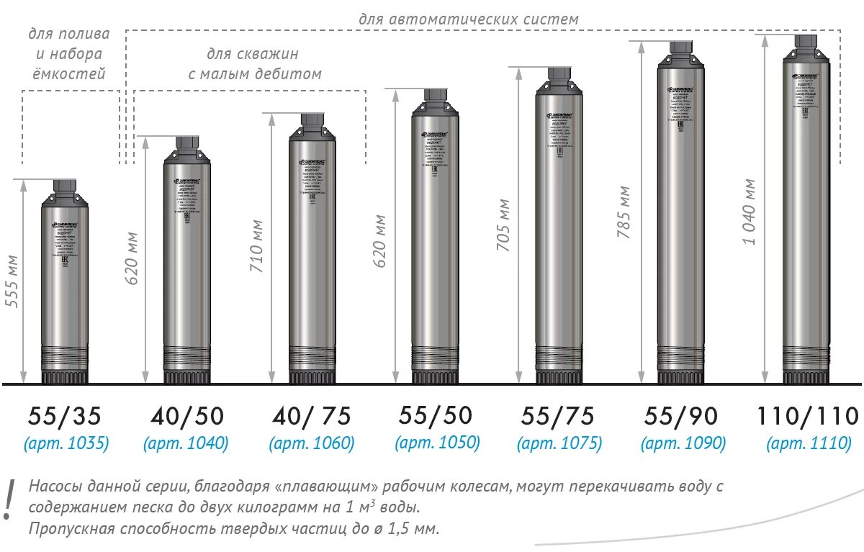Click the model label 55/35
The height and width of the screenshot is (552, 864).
65,415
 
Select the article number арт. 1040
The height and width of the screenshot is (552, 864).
186,443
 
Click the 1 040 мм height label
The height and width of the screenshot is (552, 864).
750,211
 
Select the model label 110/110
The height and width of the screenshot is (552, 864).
807,415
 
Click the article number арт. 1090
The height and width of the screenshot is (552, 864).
683,443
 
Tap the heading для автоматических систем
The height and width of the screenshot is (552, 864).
468,19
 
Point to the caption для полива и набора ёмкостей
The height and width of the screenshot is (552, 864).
69,54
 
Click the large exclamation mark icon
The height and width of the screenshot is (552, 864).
9,499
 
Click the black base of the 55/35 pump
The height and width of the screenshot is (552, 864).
65,376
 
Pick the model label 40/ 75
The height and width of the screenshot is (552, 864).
312,415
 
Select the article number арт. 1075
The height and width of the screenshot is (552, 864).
559,443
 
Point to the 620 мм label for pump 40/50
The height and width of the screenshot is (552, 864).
133,257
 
